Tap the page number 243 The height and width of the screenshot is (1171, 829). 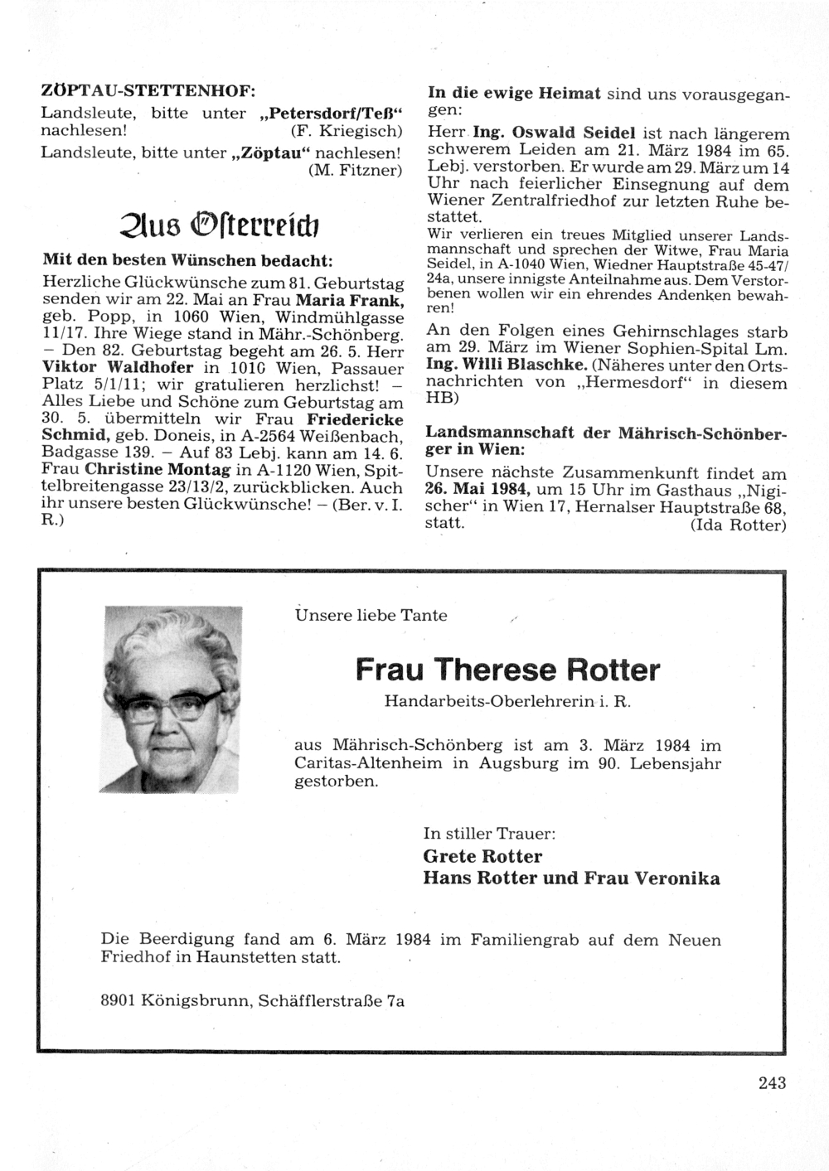click(771, 1081)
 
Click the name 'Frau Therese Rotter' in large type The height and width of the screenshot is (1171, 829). click(507, 669)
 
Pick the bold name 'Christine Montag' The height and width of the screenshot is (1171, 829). click(158, 471)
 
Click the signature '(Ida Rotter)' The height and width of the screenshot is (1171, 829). click(738, 525)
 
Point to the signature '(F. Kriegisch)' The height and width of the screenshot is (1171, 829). click(347, 131)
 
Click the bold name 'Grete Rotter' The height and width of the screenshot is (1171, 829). click(482, 856)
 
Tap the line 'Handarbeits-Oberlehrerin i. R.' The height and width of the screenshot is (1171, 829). click(507, 701)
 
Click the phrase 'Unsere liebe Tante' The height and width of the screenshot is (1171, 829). click(371, 615)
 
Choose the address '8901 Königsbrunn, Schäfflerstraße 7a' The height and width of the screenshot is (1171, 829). click(252, 1000)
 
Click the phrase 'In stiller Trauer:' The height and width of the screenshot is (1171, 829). click(489, 833)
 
